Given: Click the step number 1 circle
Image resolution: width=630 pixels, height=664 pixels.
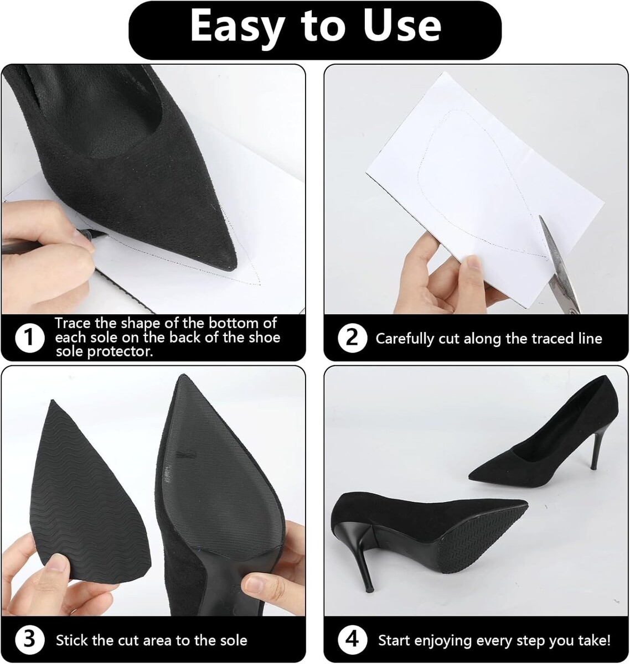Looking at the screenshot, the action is click(30, 338).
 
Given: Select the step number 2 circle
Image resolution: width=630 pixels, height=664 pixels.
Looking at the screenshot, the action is click(352, 338).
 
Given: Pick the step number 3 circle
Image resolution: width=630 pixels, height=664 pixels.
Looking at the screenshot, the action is click(30, 640).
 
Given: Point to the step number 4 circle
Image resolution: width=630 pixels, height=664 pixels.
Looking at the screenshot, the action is click(352, 640).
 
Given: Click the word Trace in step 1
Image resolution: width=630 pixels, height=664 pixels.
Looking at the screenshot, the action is click(73, 323).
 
